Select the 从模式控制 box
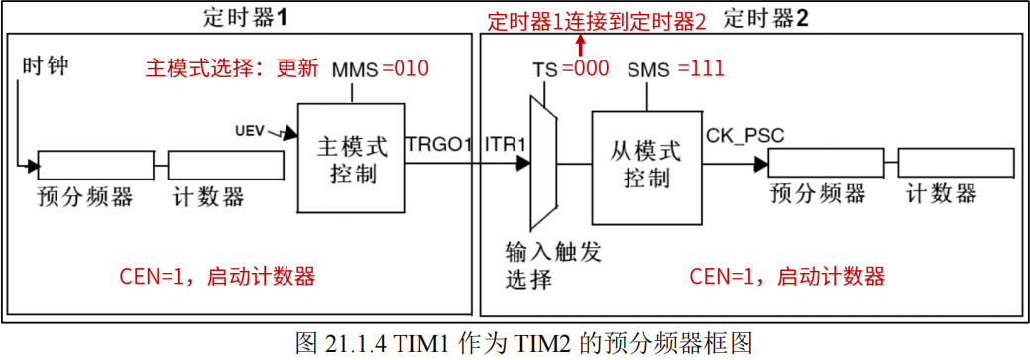tap(645, 167)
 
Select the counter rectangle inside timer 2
tap(956, 162)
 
